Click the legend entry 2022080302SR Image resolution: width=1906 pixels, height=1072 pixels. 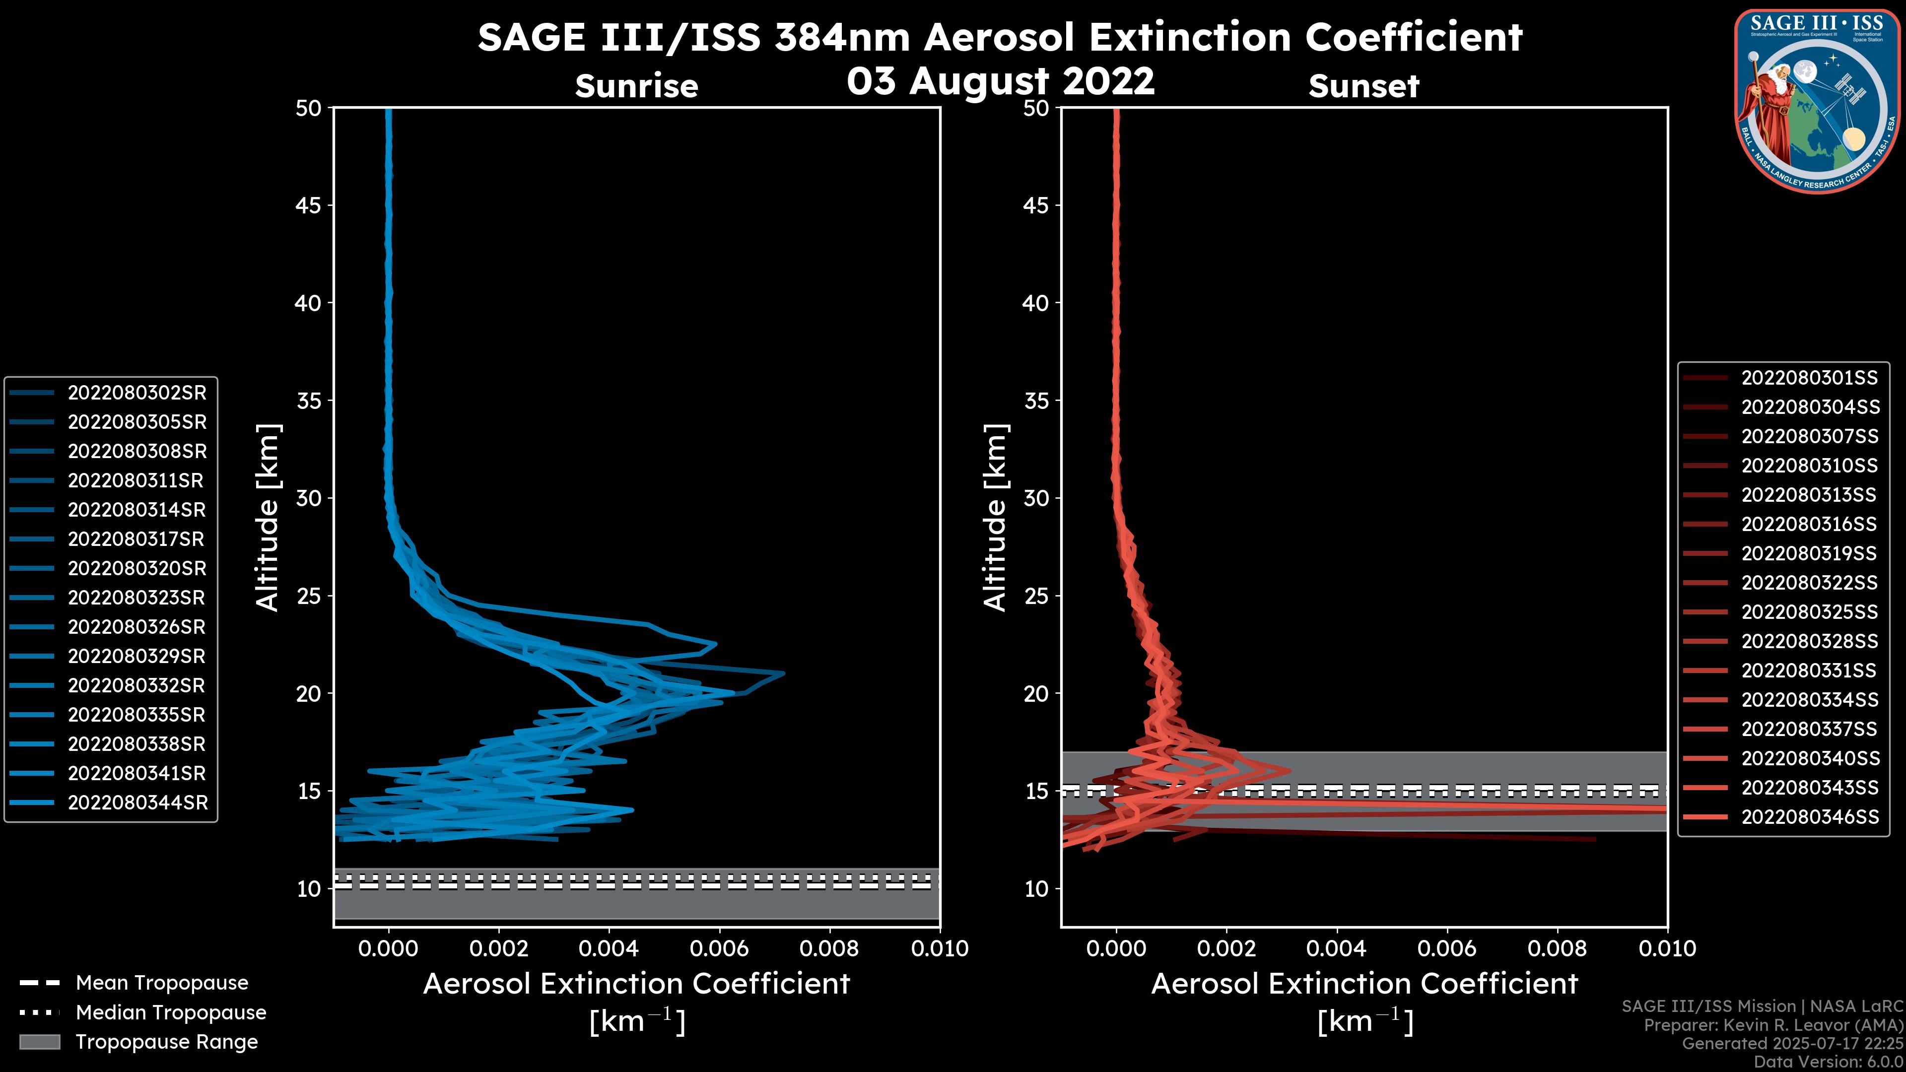click(x=137, y=393)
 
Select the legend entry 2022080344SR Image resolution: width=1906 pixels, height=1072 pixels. click(x=137, y=803)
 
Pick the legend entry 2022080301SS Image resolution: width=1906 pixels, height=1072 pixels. click(x=1809, y=378)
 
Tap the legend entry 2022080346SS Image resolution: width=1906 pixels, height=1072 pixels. click(x=1810, y=817)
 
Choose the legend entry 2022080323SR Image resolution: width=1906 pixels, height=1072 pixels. click(x=137, y=598)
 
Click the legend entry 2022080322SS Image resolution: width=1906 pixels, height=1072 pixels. click(x=1809, y=583)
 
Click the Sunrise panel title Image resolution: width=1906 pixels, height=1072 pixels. click(x=636, y=86)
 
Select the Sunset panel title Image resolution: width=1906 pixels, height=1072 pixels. click(x=1363, y=86)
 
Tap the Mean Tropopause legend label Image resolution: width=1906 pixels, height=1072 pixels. click(x=162, y=983)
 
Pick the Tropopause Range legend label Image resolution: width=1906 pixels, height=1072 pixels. click(x=166, y=1042)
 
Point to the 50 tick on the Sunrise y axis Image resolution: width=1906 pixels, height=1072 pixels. click(x=309, y=108)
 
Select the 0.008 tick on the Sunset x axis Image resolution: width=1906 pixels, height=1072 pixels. click(x=1558, y=948)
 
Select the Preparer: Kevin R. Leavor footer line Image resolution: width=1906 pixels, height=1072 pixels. click(x=1773, y=1025)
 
